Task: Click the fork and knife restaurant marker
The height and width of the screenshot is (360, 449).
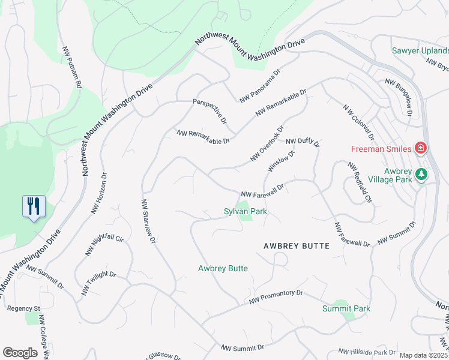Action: coord(33,206)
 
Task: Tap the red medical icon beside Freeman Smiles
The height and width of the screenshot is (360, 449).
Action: coord(421,148)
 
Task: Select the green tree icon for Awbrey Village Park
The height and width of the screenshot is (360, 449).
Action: coord(421,174)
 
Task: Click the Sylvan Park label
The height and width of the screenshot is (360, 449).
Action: coord(245,212)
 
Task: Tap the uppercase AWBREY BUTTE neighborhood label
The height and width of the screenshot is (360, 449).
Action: coord(296,247)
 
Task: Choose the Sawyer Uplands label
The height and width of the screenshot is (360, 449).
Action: coord(420,51)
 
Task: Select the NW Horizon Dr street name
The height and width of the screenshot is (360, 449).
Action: coord(99,194)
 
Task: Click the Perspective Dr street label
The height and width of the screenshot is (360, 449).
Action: coord(209,111)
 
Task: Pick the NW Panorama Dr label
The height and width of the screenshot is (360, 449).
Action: coord(260,88)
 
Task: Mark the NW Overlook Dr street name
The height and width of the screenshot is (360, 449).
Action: coord(267,144)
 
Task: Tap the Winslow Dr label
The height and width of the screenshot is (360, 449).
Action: coord(281,160)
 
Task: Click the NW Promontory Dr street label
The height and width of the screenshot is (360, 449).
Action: coord(277,296)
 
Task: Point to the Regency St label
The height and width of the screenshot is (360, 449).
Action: coord(23,308)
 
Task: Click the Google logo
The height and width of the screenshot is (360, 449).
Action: coord(20,353)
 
